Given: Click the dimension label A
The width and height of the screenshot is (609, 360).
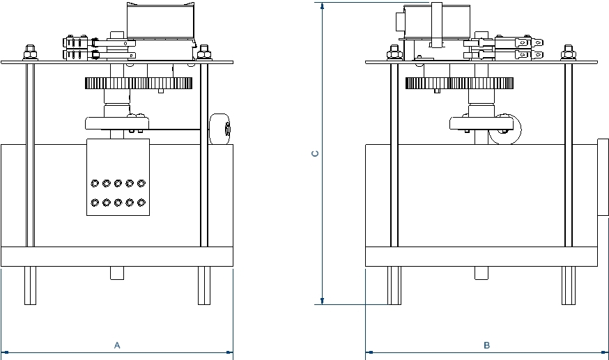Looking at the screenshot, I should pos(117,345).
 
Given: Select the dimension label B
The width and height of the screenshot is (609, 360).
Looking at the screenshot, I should pos(487,345).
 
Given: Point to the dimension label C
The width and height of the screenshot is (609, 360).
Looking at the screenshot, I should pos(315,153).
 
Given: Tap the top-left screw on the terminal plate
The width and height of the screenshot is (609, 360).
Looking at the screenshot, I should pos(95,183).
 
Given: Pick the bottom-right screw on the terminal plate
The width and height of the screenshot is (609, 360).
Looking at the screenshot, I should pos(141,203).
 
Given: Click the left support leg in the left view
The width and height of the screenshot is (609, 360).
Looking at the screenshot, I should pos(30,285).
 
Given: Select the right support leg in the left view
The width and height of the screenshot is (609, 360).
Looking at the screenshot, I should pos(203,285).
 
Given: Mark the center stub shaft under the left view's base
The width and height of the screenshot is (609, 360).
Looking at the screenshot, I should pos(117,273).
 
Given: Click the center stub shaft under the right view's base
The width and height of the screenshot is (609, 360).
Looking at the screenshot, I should pos(481,273).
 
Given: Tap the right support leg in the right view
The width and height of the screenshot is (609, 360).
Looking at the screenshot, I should pos(569,285).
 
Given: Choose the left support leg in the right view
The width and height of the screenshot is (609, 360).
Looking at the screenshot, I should pos(394,285).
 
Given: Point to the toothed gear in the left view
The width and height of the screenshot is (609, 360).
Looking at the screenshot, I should pos(139,84).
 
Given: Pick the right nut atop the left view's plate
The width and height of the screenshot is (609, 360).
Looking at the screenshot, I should pos(204,52).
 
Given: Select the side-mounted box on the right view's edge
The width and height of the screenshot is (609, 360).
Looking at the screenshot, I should pos(603,177).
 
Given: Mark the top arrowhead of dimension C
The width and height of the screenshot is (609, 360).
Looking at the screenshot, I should pos(322,6).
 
